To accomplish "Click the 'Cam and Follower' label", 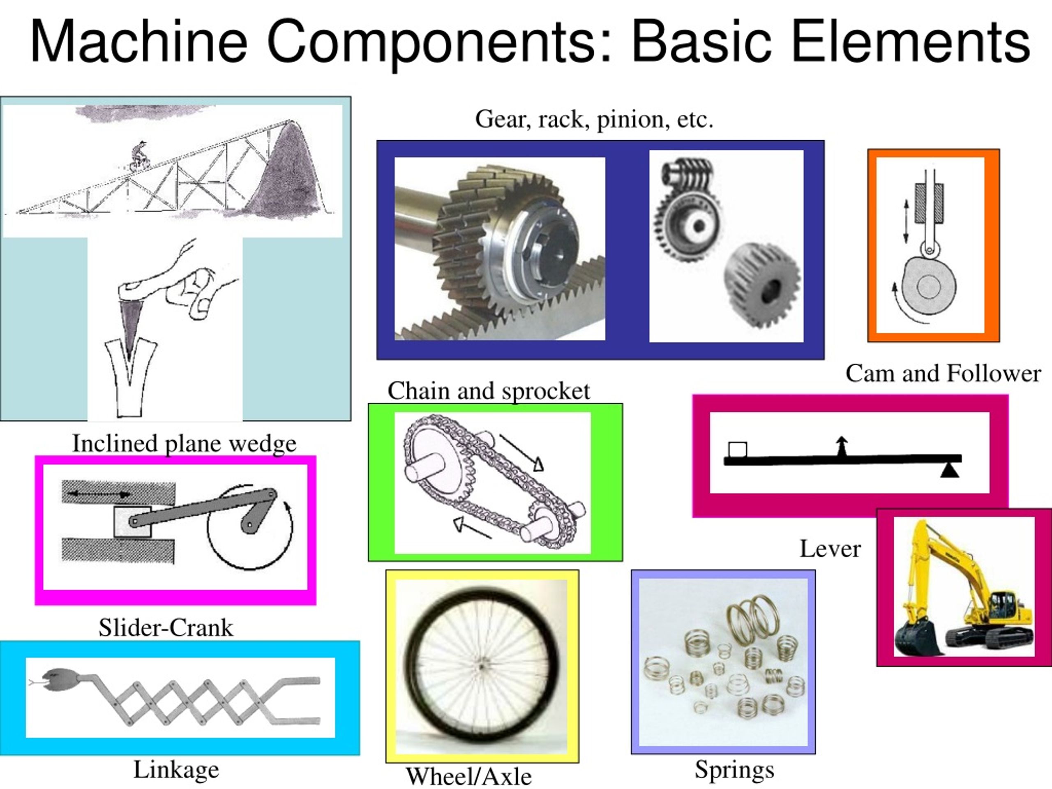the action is click(943, 373).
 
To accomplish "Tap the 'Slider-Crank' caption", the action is click(166, 628).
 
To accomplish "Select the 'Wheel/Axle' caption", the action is click(468, 777).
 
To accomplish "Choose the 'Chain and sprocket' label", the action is click(489, 391).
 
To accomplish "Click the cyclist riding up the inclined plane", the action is click(139, 155).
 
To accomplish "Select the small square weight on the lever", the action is click(738, 450).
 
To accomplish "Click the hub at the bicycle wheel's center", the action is click(482, 667).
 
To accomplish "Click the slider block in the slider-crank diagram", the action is click(133, 522).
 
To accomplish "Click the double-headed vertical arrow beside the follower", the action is click(906, 221).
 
